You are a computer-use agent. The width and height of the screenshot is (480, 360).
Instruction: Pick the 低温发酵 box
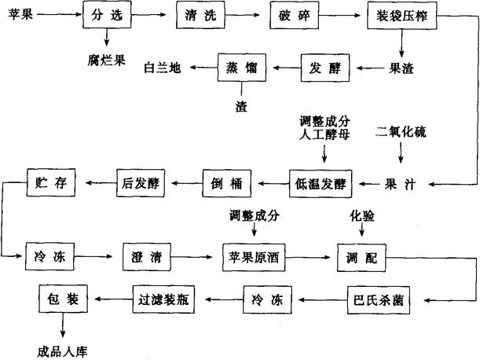[x=319, y=184]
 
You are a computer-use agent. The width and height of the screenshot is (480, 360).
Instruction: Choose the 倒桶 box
[x=226, y=184]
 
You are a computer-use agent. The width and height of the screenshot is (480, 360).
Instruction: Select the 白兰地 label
[x=163, y=68]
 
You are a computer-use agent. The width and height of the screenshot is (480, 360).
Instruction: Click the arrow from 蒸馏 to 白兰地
[x=201, y=68]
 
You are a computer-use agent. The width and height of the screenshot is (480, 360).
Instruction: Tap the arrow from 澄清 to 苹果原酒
[x=199, y=257]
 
